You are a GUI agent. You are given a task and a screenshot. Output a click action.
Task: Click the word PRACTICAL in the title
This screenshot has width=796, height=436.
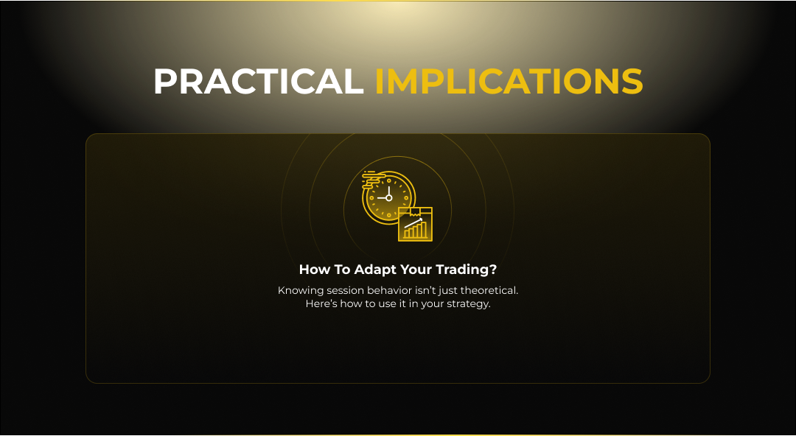[x=259, y=81]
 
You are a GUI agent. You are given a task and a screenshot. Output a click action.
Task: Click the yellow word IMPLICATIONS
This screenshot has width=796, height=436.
[x=509, y=81]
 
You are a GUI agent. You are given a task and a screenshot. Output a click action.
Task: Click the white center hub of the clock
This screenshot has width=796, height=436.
[x=389, y=198]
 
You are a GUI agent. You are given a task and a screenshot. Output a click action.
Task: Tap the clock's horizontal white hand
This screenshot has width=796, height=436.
[x=382, y=198]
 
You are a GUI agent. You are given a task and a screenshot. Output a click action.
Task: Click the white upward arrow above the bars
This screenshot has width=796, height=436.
[x=413, y=222]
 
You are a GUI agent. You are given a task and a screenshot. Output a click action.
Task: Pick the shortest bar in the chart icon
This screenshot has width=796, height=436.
[x=407, y=234]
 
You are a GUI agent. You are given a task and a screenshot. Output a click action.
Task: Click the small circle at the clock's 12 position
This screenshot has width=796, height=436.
[x=389, y=180]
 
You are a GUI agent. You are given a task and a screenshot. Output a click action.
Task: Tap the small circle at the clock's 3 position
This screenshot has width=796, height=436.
[x=407, y=198]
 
